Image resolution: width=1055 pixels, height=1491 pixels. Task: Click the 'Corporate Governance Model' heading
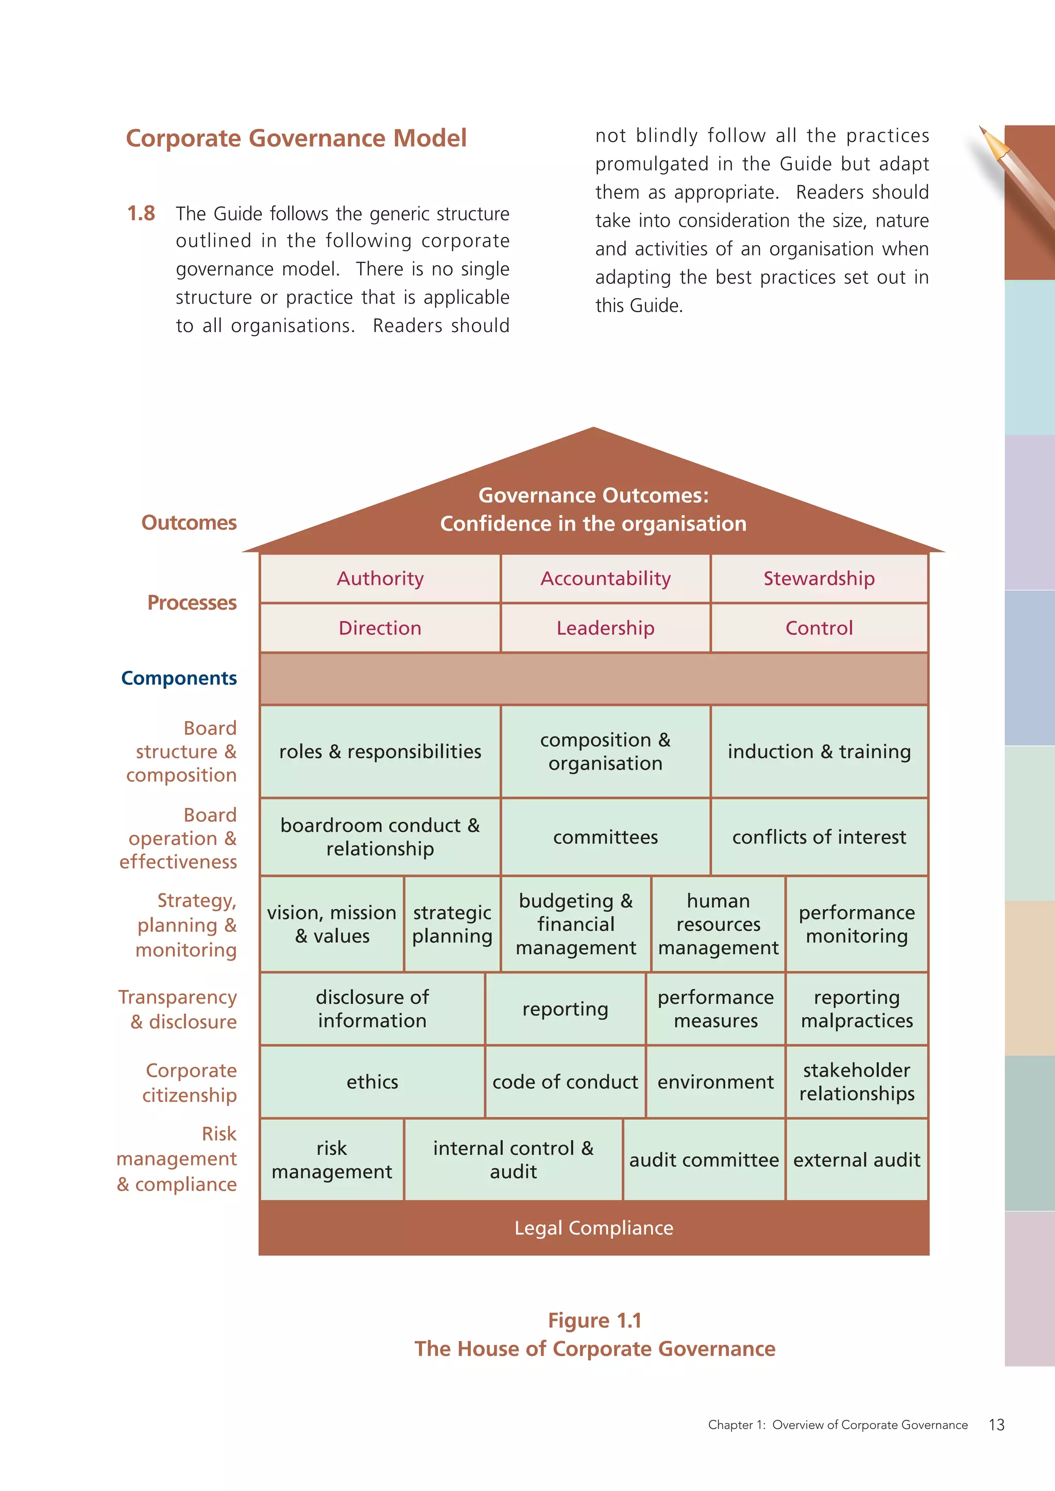pyautogui.click(x=296, y=138)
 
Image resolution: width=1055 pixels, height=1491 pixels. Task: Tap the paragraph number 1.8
pyautogui.click(x=141, y=213)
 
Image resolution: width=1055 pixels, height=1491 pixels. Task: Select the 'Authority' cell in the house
pyautogui.click(x=380, y=578)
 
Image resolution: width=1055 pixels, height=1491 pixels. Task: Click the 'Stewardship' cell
pyautogui.click(x=819, y=578)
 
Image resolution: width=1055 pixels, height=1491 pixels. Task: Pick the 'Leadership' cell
pyautogui.click(x=605, y=628)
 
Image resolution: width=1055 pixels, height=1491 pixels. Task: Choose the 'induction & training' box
pyautogui.click(x=819, y=751)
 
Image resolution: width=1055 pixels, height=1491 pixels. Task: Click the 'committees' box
pyautogui.click(x=605, y=837)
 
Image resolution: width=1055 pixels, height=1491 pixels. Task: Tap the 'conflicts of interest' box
pyautogui.click(x=819, y=837)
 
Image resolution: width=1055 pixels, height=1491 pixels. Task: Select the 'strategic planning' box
pyautogui.click(x=452, y=924)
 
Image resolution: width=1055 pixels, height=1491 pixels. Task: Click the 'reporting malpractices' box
pyautogui.click(x=856, y=1009)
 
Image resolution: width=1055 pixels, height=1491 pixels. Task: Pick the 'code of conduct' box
pyautogui.click(x=565, y=1082)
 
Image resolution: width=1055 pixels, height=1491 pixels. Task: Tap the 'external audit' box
pyautogui.click(x=856, y=1160)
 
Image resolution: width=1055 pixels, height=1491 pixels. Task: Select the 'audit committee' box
pyautogui.click(x=704, y=1160)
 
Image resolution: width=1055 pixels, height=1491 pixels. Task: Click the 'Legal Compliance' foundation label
pyautogui.click(x=594, y=1228)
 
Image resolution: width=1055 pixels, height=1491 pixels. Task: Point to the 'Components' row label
pyautogui.click(x=179, y=678)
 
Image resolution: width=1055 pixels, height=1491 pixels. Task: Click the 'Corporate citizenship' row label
pyautogui.click(x=190, y=1083)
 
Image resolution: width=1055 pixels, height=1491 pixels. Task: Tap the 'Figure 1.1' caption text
pyautogui.click(x=594, y=1320)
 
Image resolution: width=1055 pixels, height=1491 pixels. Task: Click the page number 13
pyautogui.click(x=997, y=1425)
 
